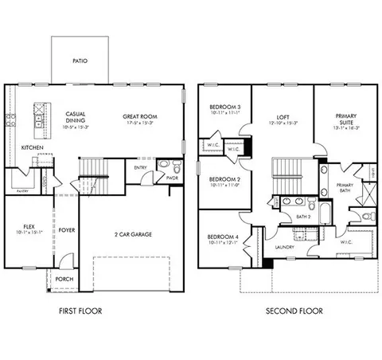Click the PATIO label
point(80,60)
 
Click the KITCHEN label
point(33,148)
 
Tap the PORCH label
point(64,279)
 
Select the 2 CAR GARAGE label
point(133,234)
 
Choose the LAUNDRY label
point(284,247)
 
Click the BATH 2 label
point(302,216)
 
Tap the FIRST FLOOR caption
point(85,311)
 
